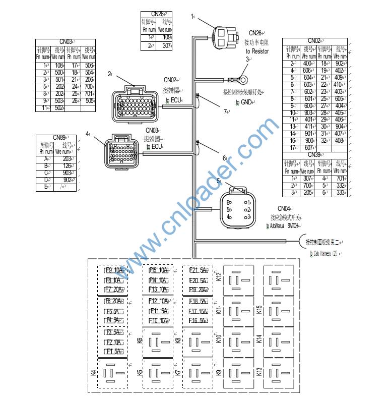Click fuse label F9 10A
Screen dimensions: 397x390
pyautogui.click(x=112, y=270)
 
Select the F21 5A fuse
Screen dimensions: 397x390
pyautogui.click(x=197, y=270)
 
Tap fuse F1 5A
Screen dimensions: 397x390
pyautogui.click(x=112, y=352)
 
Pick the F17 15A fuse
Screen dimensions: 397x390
pyautogui.click(x=197, y=311)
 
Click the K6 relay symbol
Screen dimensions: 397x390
pyautogui.click(x=158, y=342)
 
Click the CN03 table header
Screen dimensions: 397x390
pyautogui.click(x=66, y=42)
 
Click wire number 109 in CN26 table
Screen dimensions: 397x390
pyautogui.click(x=167, y=37)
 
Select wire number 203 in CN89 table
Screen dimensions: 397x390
pyautogui.click(x=67, y=158)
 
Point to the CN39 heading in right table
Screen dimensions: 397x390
pyautogui.click(x=314, y=154)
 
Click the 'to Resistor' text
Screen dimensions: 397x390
pyautogui.click(x=257, y=51)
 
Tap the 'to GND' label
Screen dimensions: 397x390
pyautogui.click(x=243, y=102)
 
